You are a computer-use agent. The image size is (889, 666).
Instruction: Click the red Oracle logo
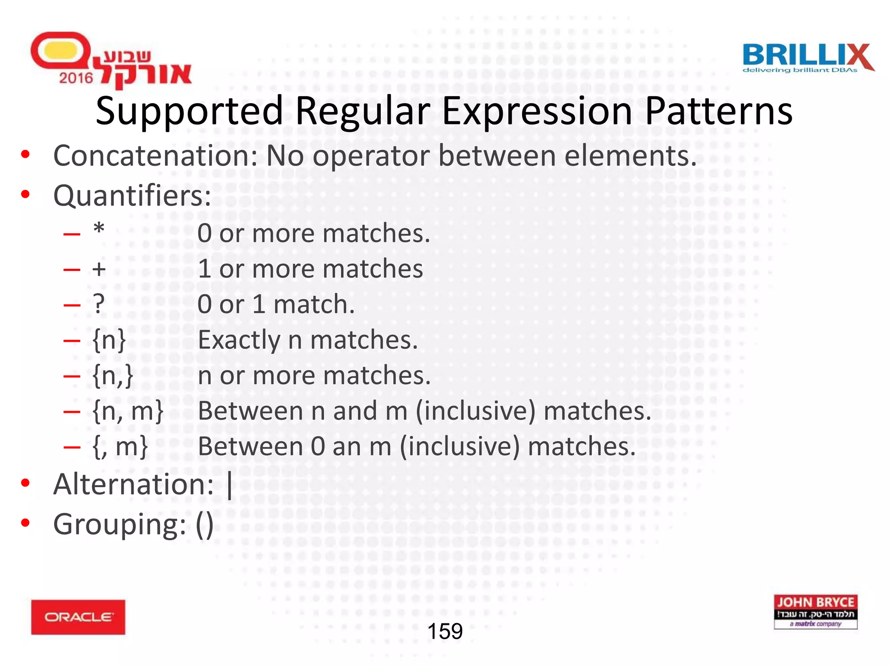(x=78, y=617)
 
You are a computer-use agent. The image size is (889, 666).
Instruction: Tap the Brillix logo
(x=807, y=58)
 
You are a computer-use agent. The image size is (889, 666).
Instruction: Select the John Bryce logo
(x=815, y=611)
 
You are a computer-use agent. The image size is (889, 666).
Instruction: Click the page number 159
(x=445, y=631)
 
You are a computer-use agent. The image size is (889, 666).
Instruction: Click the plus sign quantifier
(x=99, y=269)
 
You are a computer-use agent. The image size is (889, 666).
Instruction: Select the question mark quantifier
(x=99, y=304)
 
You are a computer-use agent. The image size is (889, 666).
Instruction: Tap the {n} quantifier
(x=109, y=340)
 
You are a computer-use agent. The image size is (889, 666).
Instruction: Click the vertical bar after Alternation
(x=230, y=485)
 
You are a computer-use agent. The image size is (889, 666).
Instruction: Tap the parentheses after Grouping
(x=204, y=525)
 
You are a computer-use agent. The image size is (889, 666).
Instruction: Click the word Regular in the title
(x=362, y=111)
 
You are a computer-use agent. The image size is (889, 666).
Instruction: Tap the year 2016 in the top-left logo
(x=76, y=78)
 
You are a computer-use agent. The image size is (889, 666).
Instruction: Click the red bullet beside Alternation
(x=26, y=483)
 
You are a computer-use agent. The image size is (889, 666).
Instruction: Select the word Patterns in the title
(x=718, y=111)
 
